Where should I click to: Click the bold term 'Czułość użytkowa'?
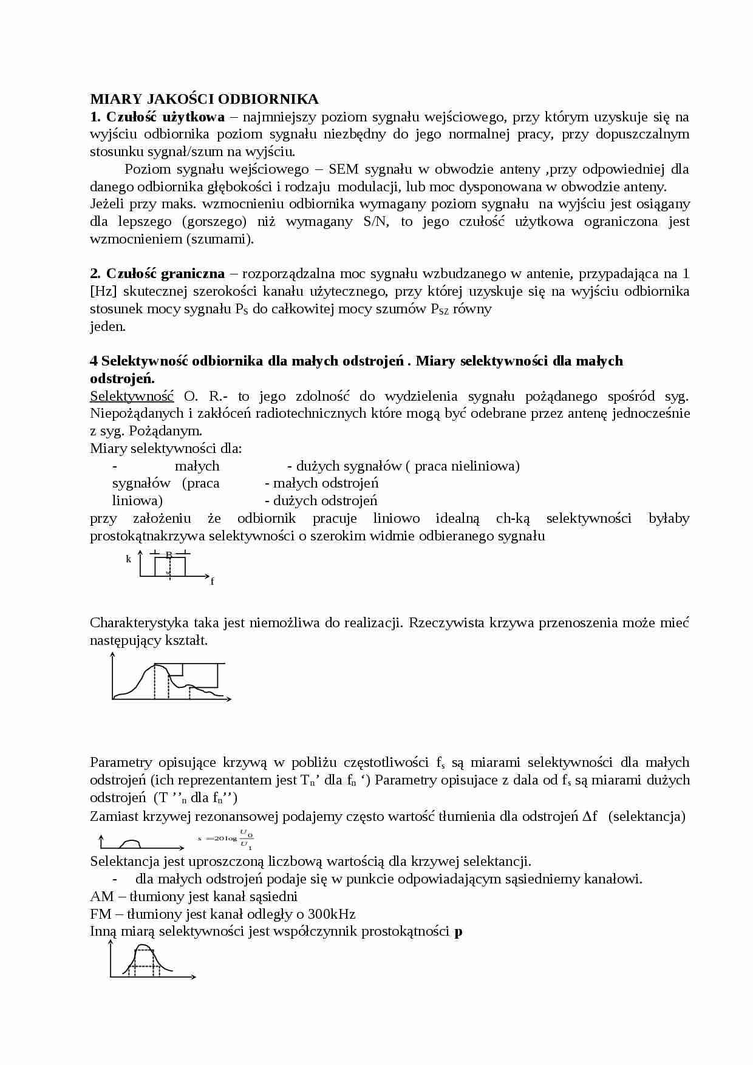[165, 117]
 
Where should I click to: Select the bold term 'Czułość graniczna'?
[165, 274]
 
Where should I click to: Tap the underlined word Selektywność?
[132, 396]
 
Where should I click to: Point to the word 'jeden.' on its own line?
[107, 327]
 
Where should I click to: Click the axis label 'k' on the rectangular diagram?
[128, 559]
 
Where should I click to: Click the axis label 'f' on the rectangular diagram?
[212, 581]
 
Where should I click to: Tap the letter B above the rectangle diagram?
[169, 554]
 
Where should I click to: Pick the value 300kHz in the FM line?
[332, 914]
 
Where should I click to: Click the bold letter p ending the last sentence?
[458, 931]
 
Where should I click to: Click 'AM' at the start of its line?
[101, 896]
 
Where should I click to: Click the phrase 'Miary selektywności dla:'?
[166, 449]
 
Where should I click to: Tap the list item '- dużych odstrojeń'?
[321, 501]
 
